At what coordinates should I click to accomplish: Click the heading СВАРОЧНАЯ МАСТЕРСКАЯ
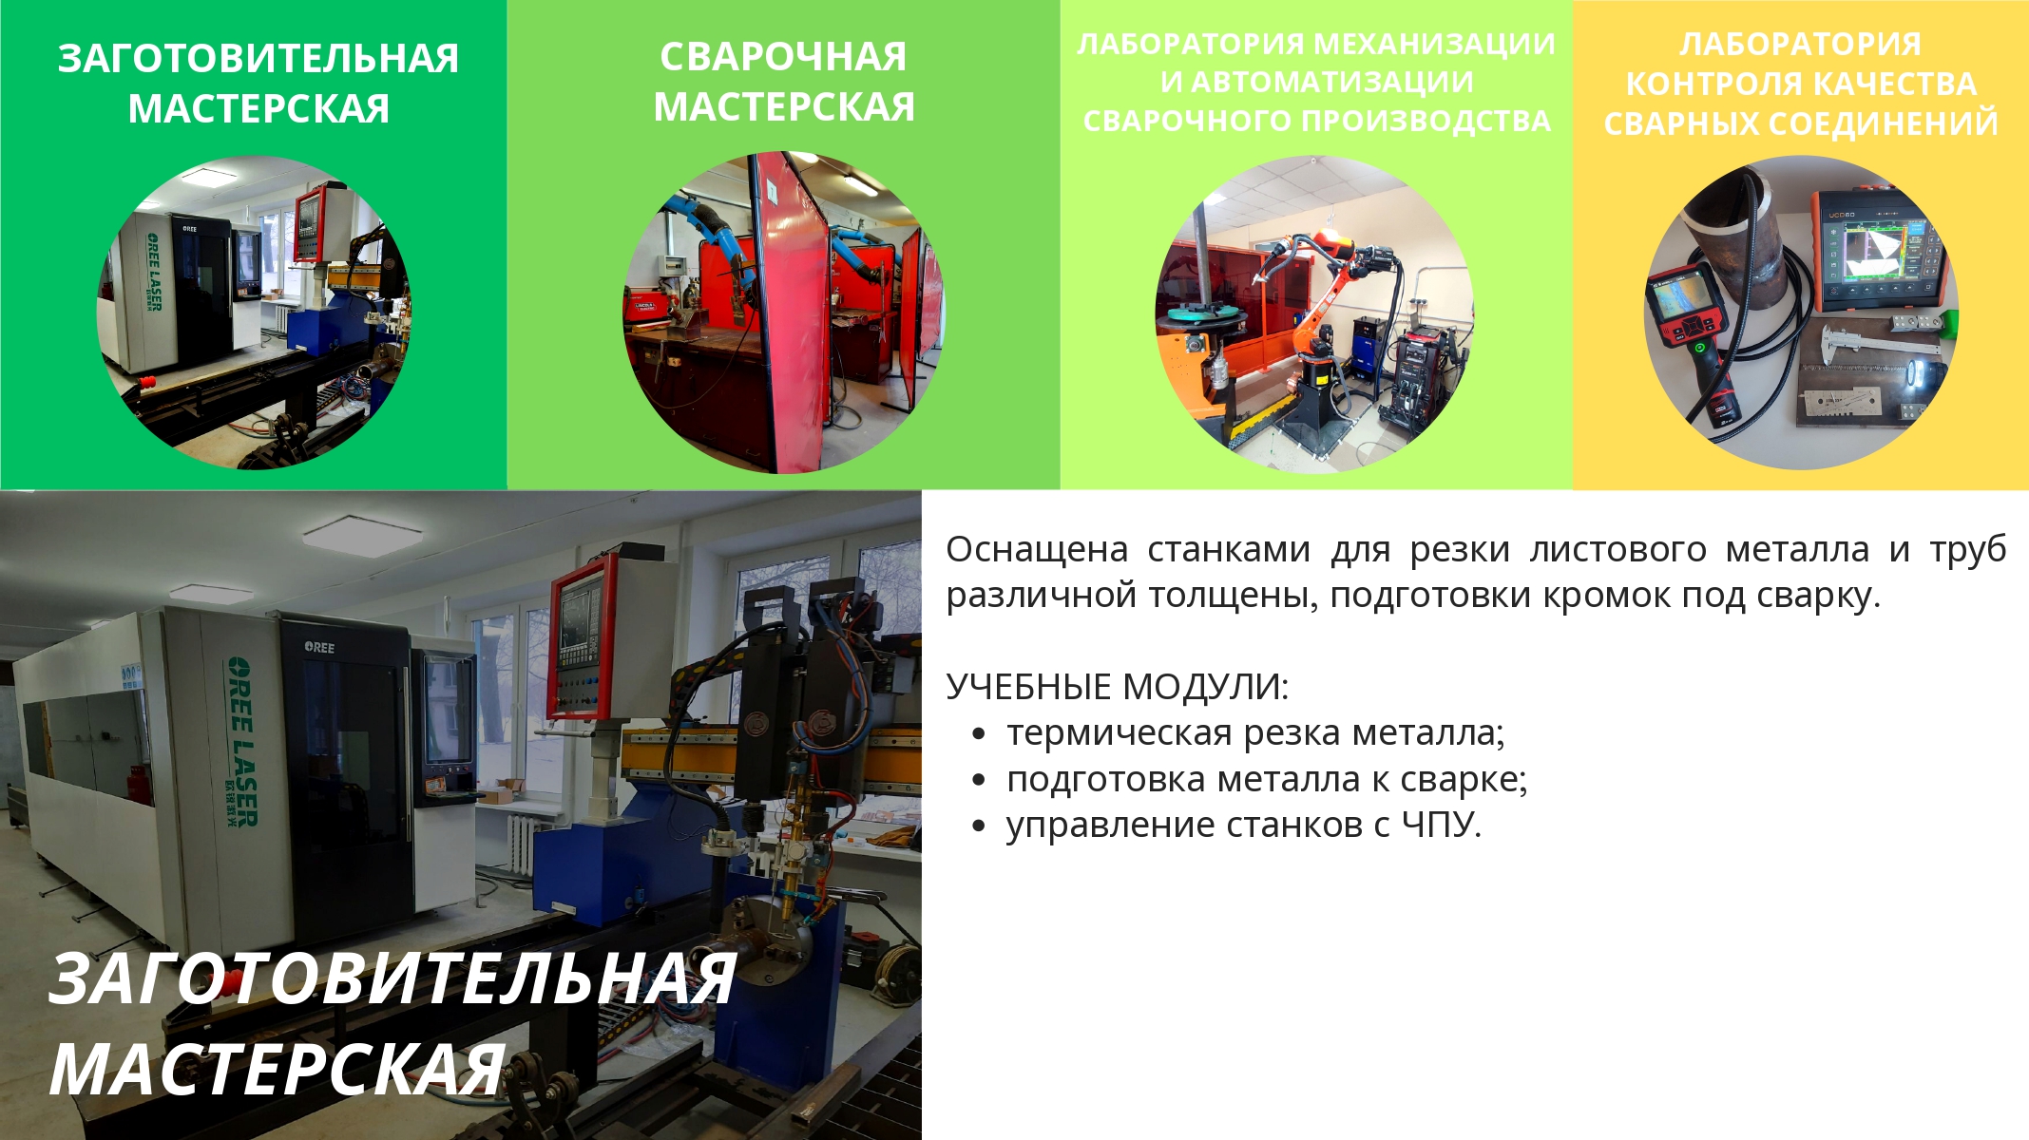(784, 82)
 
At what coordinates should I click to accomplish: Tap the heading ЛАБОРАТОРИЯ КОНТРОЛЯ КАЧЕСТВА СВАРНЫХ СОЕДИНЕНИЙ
(1801, 84)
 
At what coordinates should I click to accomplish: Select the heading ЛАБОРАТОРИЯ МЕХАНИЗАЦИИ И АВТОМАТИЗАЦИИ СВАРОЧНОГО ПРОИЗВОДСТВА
(1316, 82)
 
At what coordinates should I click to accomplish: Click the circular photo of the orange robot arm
(1314, 313)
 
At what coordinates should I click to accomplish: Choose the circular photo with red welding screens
(784, 313)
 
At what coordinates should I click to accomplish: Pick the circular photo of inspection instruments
(1801, 313)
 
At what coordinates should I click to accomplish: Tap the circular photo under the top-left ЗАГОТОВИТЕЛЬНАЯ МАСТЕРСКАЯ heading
(255, 313)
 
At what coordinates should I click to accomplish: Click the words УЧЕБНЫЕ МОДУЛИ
(1118, 686)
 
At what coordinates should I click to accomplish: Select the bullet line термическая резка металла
(1255, 733)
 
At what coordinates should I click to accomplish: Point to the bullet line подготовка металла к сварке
(1267, 780)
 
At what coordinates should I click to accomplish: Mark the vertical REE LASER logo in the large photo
(241, 741)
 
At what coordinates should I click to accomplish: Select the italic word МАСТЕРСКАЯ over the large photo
(278, 1070)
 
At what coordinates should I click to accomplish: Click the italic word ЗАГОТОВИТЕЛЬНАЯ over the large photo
(392, 978)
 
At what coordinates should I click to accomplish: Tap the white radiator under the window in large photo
(522, 844)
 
